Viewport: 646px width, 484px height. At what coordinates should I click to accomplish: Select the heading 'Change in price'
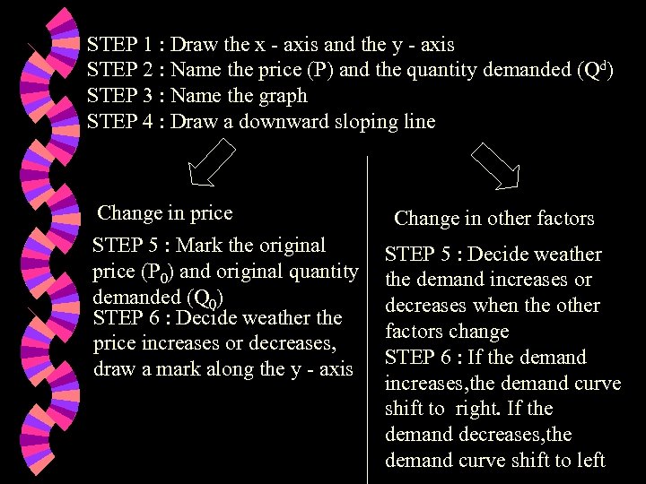point(164,213)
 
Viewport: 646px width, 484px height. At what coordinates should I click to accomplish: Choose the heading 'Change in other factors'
point(493,219)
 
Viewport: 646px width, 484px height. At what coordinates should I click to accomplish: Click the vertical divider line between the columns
point(368,314)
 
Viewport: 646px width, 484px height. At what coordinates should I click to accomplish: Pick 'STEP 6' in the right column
point(416,358)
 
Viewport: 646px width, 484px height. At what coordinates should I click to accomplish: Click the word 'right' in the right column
point(478,410)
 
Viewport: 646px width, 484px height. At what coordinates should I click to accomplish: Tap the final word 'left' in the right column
point(589,461)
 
